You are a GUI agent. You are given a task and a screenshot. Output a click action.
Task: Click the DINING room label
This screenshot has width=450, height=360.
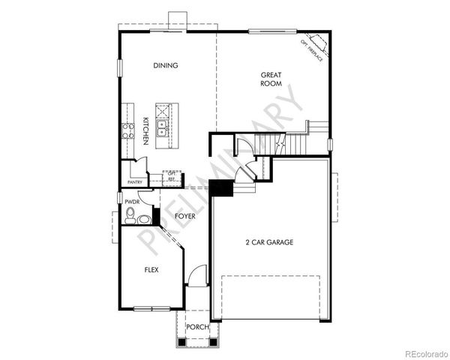pyautogui.click(x=166, y=65)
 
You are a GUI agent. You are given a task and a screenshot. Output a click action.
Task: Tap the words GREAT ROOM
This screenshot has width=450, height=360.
pyautogui.click(x=271, y=79)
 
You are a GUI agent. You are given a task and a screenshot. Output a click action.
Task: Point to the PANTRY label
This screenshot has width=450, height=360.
pyautogui.click(x=135, y=182)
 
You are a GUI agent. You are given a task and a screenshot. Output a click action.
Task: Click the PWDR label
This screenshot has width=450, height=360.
pyautogui.click(x=133, y=202)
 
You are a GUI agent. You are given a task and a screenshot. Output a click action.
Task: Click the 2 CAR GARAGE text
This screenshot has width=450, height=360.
pyautogui.click(x=268, y=242)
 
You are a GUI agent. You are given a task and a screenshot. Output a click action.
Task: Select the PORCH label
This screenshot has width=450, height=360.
pyautogui.click(x=197, y=327)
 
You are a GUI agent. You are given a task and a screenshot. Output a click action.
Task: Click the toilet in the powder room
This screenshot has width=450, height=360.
pyautogui.click(x=130, y=218)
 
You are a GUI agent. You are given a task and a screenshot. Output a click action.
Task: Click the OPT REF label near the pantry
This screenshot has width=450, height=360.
pyautogui.click(x=172, y=176)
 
